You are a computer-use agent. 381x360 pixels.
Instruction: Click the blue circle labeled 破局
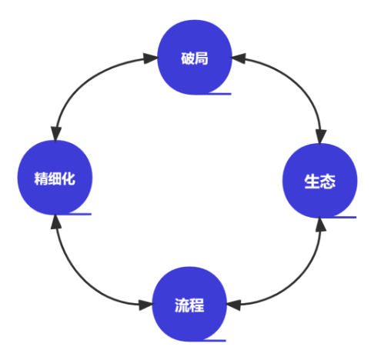195,58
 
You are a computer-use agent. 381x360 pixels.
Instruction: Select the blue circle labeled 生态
319,181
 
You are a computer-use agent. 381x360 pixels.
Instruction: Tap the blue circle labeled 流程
189,304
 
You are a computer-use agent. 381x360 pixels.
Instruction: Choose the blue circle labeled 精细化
55,178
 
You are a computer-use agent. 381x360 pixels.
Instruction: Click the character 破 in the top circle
188,58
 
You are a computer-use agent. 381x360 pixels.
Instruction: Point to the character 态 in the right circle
327,182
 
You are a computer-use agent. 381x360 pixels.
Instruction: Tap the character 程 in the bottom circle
197,305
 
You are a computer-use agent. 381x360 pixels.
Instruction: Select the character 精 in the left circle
41,178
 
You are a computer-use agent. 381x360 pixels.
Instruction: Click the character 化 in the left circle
69,178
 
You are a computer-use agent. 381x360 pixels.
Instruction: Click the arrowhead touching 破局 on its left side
151,58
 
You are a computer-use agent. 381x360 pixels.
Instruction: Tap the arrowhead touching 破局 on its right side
239,58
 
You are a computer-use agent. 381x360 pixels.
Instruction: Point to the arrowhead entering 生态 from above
321,137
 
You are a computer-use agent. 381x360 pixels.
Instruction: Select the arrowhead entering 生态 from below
321,225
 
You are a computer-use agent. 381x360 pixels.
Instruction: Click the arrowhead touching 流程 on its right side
233,305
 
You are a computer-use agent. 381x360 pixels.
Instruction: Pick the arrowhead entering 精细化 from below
56,222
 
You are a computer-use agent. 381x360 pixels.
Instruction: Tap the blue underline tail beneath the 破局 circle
219,94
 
